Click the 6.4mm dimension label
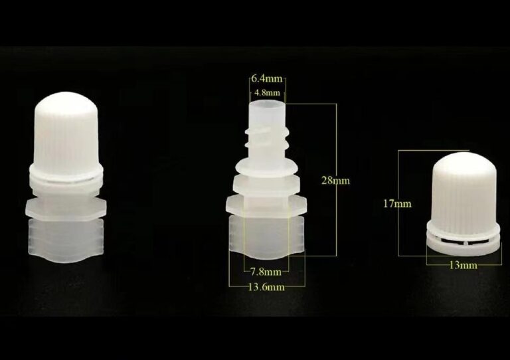[267, 79]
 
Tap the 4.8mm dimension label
[267, 93]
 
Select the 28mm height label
[335, 180]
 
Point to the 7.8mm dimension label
[266, 271]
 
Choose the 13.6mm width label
[266, 287]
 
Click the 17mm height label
[397, 204]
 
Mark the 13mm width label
[463, 266]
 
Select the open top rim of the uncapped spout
[268, 105]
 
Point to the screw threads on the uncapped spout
[267, 137]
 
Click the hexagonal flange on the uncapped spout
[266, 207]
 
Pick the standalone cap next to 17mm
[463, 204]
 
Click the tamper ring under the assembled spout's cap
[66, 177]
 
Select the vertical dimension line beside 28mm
[336, 179]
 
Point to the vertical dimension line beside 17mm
[398, 203]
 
